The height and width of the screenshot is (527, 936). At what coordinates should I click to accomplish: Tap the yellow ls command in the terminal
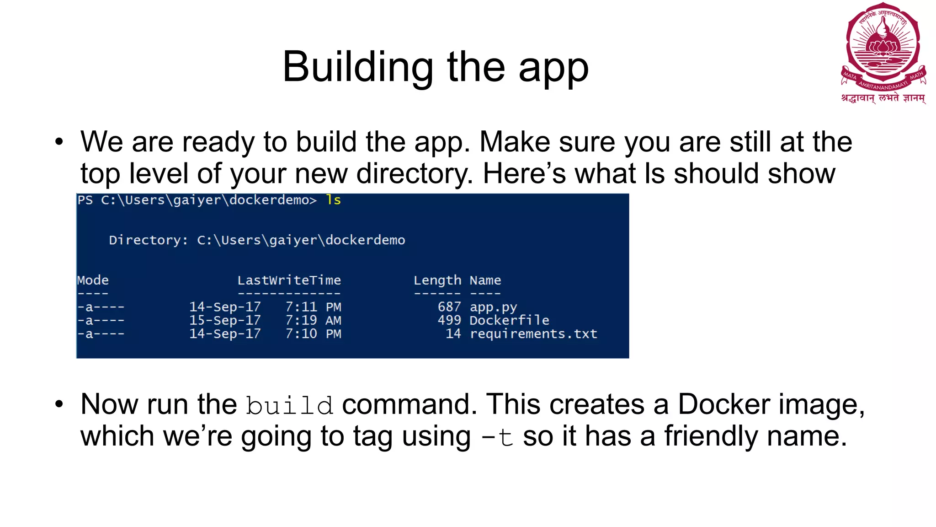click(x=333, y=200)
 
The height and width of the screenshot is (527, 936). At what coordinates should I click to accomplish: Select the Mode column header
click(x=93, y=280)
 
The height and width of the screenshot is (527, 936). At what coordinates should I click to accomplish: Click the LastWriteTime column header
click(x=289, y=280)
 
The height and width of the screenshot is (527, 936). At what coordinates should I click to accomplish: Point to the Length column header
click(x=437, y=280)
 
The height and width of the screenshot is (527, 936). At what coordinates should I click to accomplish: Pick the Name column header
click(x=485, y=280)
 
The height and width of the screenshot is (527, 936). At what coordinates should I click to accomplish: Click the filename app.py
click(x=493, y=307)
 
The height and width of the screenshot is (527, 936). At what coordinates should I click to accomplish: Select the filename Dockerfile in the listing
click(x=509, y=320)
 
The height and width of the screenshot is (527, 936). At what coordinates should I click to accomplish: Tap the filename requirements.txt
click(x=533, y=334)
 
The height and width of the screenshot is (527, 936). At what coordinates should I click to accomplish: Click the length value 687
click(x=449, y=307)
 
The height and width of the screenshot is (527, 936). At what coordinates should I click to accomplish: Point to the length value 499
click(x=449, y=320)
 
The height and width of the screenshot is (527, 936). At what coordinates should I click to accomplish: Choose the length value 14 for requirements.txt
click(x=453, y=334)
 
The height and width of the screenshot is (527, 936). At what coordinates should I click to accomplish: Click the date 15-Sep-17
click(x=225, y=320)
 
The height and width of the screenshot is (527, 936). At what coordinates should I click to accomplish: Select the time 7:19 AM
click(x=313, y=320)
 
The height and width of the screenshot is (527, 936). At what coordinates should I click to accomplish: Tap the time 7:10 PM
click(x=313, y=334)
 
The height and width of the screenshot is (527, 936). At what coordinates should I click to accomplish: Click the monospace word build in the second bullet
click(x=289, y=406)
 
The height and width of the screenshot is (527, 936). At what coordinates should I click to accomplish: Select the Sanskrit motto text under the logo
click(x=883, y=98)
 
